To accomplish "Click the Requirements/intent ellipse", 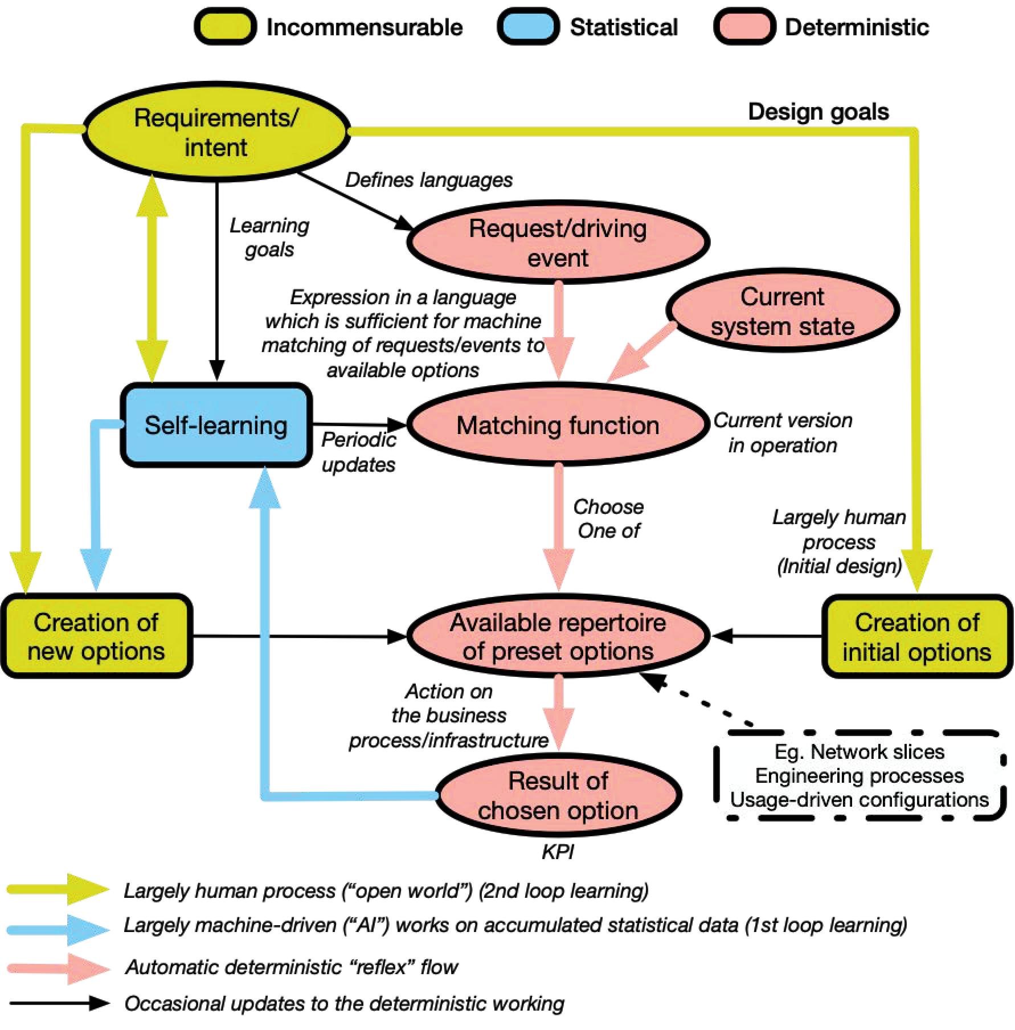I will (x=216, y=132).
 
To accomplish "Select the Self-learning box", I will (x=216, y=425).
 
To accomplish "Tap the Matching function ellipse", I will (x=558, y=425).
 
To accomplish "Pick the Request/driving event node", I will (x=558, y=243).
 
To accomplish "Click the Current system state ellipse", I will (x=782, y=311).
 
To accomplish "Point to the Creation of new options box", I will (x=96, y=636).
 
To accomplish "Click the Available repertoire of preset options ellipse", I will (x=558, y=636).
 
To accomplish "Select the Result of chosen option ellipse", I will (x=558, y=795).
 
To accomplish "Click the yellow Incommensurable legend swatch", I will (x=226, y=27).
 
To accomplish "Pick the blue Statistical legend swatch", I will (x=528, y=27).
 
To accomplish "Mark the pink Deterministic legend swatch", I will (x=744, y=27).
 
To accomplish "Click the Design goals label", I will (x=818, y=112).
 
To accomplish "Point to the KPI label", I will (x=558, y=852).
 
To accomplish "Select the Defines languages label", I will (x=428, y=180).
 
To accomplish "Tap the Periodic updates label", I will (x=358, y=452).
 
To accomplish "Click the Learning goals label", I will (x=269, y=237).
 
